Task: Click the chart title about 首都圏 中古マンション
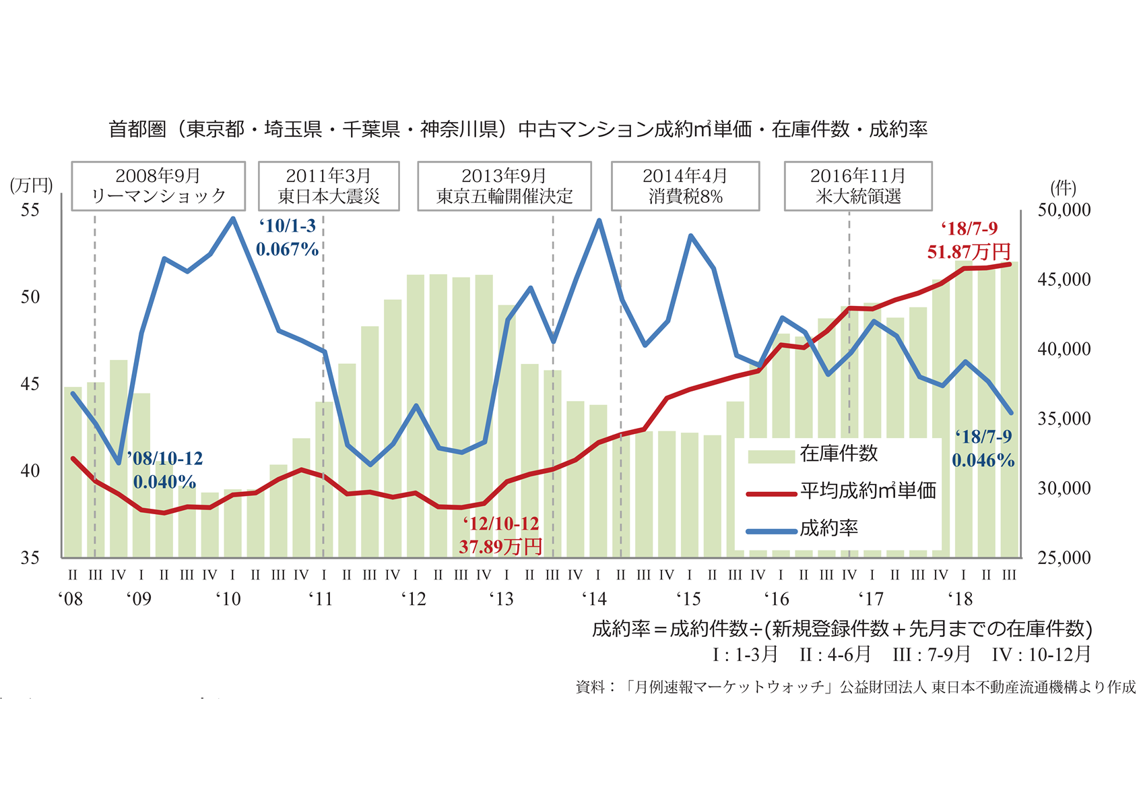point(518,129)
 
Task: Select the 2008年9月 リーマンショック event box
point(158,186)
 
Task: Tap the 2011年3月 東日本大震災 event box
point(329,186)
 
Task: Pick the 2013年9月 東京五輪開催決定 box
point(504,186)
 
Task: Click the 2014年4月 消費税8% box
point(685,186)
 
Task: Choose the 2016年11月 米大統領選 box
point(858,186)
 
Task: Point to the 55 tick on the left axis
point(30,210)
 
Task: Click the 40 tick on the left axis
point(30,470)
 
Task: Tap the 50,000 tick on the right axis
point(1064,210)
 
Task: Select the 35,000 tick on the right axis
point(1064,418)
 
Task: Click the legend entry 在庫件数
point(839,454)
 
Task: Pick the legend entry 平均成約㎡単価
point(868,491)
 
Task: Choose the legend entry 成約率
point(828,528)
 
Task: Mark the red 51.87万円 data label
point(969,252)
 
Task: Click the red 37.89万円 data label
point(500,546)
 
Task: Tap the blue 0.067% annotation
point(287,249)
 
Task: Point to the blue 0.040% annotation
point(164,482)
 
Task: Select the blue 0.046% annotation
point(983,460)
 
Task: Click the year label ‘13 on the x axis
point(501,598)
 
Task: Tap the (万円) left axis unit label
point(31,185)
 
